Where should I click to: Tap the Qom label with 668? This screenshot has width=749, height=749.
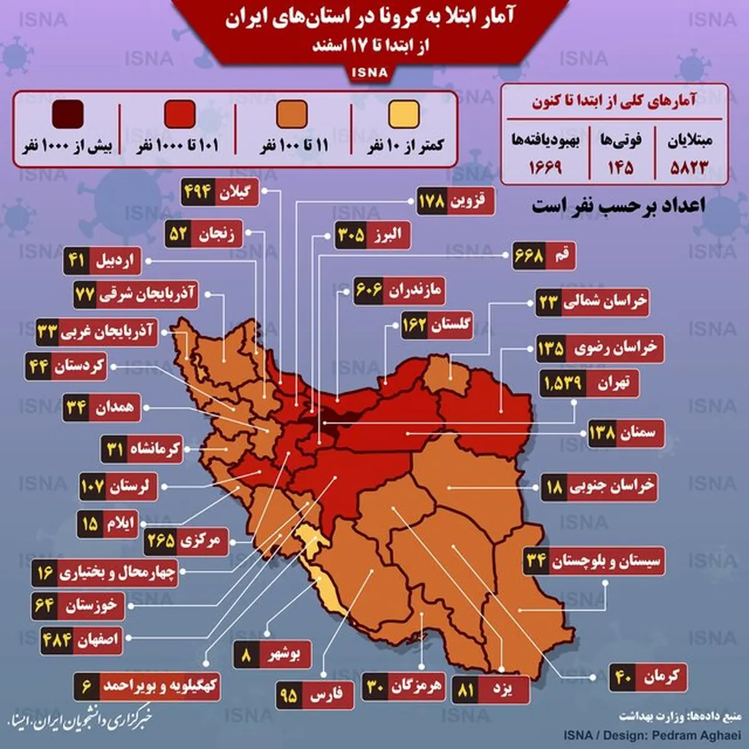[543, 256]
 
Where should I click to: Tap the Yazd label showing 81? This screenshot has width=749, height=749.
[491, 690]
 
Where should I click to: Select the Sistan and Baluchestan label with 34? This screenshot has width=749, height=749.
[593, 561]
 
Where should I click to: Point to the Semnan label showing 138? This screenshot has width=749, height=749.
[625, 432]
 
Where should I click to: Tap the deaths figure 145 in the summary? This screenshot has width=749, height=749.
[620, 167]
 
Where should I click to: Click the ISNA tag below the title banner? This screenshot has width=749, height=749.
[370, 72]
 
